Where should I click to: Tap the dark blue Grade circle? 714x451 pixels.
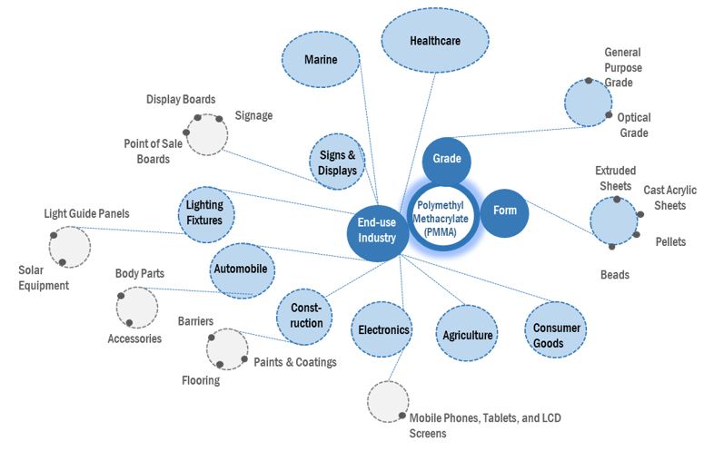click(x=447, y=160)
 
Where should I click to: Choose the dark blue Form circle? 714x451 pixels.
click(x=504, y=211)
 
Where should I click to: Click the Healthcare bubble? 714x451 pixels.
click(x=435, y=41)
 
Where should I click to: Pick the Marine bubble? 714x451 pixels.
click(x=321, y=60)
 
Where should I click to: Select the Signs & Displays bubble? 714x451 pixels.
click(x=338, y=162)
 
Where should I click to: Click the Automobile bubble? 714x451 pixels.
click(x=243, y=270)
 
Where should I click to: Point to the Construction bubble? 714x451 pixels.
click(x=307, y=317)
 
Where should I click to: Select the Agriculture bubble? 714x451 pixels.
click(x=468, y=335)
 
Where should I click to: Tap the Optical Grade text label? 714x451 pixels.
click(x=633, y=125)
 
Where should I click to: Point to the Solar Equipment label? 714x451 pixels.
click(x=44, y=279)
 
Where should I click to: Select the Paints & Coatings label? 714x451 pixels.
click(x=295, y=362)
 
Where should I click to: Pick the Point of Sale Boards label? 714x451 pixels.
click(x=147, y=152)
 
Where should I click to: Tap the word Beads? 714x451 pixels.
click(x=615, y=274)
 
